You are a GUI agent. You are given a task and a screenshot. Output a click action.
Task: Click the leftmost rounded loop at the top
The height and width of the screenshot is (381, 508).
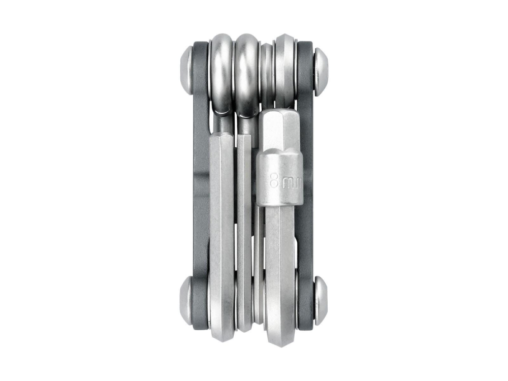[221, 71]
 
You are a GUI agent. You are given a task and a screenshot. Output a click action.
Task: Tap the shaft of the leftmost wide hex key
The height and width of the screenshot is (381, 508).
[221, 229]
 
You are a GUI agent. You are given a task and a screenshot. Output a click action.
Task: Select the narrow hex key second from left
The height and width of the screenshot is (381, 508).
[244, 229]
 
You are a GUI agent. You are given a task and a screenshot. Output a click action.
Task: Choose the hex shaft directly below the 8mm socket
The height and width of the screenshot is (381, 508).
[280, 254]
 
